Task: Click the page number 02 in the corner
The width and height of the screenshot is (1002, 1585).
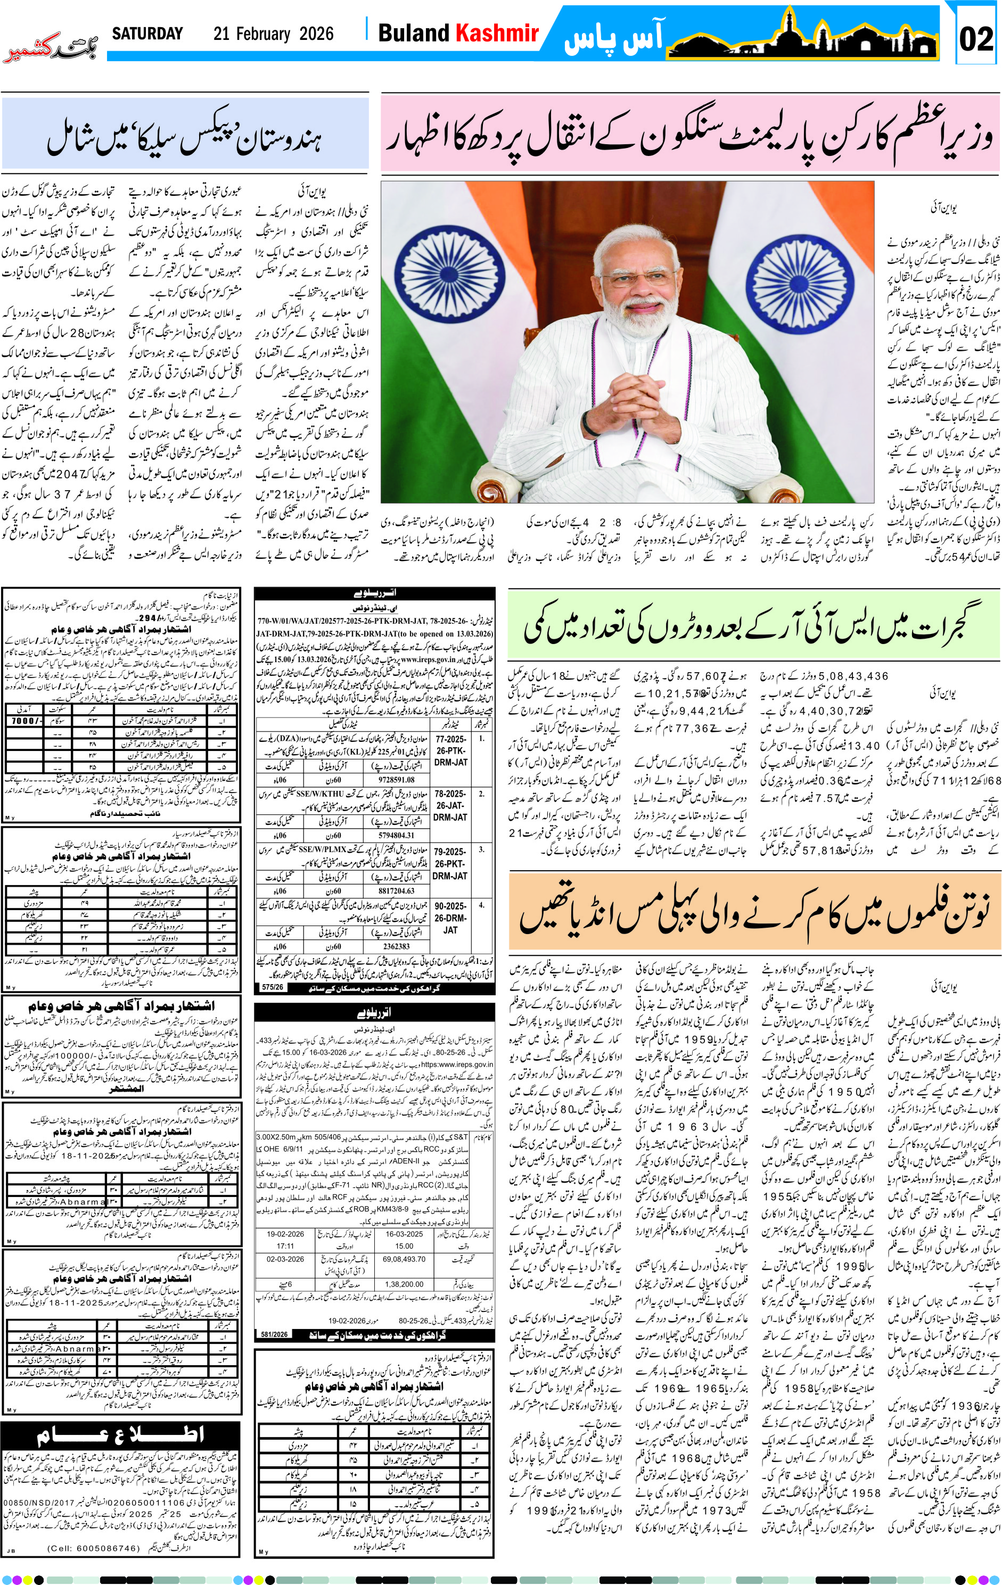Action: pos(976,39)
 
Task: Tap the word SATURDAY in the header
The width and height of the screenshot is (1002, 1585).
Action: pos(147,34)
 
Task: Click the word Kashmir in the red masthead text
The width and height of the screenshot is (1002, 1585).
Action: pos(498,33)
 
